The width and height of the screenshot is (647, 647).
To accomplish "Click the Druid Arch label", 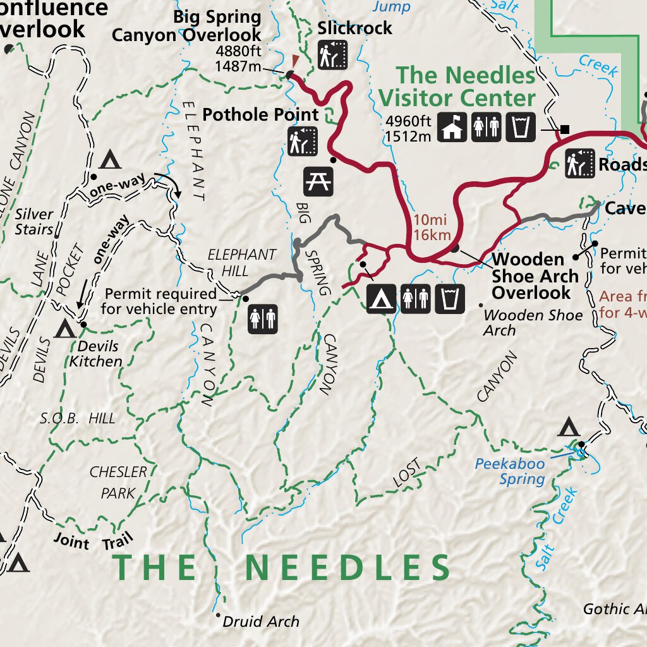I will [x=261, y=622].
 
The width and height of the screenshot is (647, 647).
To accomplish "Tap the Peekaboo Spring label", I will [x=510, y=471].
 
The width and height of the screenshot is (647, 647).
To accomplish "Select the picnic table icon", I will [x=318, y=181].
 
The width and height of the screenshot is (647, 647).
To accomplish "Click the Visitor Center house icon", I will [x=452, y=127].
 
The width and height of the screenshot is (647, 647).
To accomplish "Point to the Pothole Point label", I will [x=260, y=115].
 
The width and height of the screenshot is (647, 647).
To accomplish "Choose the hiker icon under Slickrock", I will [x=333, y=55].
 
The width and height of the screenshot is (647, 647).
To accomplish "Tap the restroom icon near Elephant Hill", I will [x=262, y=318].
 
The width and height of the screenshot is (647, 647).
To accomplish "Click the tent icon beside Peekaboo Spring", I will [x=569, y=428].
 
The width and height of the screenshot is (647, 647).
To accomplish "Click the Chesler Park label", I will [x=118, y=482].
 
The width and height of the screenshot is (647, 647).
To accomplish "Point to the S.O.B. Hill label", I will [x=78, y=418].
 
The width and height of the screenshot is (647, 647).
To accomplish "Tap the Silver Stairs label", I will [x=34, y=222].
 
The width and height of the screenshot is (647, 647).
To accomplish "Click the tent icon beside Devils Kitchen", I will [x=64, y=329].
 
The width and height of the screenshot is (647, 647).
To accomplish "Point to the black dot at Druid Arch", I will [x=218, y=615].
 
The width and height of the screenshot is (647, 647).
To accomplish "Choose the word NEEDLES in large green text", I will [x=348, y=568].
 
